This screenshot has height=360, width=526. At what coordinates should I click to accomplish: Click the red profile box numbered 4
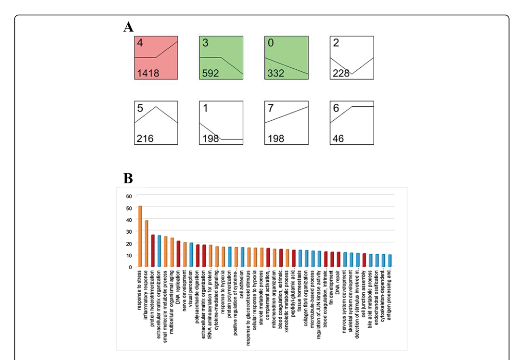pyautogui.click(x=156, y=58)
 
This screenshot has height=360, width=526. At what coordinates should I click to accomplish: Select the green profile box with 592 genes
pyautogui.click(x=221, y=58)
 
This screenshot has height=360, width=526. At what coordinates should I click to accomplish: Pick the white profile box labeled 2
pyautogui.click(x=352, y=58)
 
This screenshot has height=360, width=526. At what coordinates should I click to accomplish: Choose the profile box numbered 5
pyautogui.click(x=156, y=123)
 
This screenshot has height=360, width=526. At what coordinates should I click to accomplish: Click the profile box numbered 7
pyautogui.click(x=286, y=123)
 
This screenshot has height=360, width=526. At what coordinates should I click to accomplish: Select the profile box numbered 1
pyautogui.click(x=221, y=123)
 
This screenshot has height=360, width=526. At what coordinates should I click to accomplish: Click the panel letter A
pyautogui.click(x=128, y=27)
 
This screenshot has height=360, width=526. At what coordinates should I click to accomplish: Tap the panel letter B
pyautogui.click(x=128, y=178)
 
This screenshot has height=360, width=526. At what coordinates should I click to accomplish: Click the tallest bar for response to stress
pyautogui.click(x=140, y=236)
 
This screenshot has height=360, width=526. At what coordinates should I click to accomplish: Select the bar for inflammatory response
pyautogui.click(x=146, y=243)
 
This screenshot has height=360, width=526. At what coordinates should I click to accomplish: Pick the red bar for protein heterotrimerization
pyautogui.click(x=153, y=251)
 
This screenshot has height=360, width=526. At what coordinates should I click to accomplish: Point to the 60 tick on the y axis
pyautogui.click(x=129, y=196)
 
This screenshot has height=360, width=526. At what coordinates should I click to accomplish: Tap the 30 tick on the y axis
pyautogui.click(x=129, y=231)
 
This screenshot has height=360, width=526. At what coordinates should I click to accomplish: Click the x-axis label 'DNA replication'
pyautogui.click(x=179, y=285)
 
